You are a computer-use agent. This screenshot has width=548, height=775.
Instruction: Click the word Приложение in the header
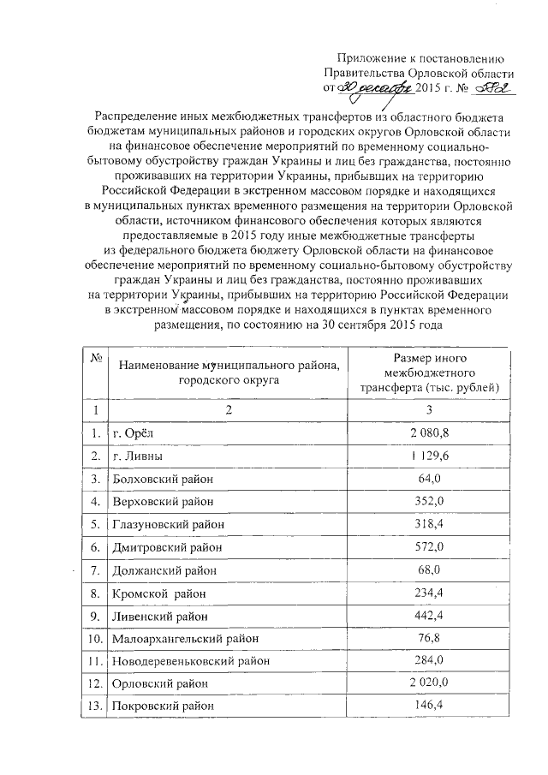364,57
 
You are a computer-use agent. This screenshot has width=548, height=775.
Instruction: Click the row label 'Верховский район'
163,501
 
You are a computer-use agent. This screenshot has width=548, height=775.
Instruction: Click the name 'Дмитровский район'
165,546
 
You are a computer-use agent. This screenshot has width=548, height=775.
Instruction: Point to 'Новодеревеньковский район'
191,660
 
